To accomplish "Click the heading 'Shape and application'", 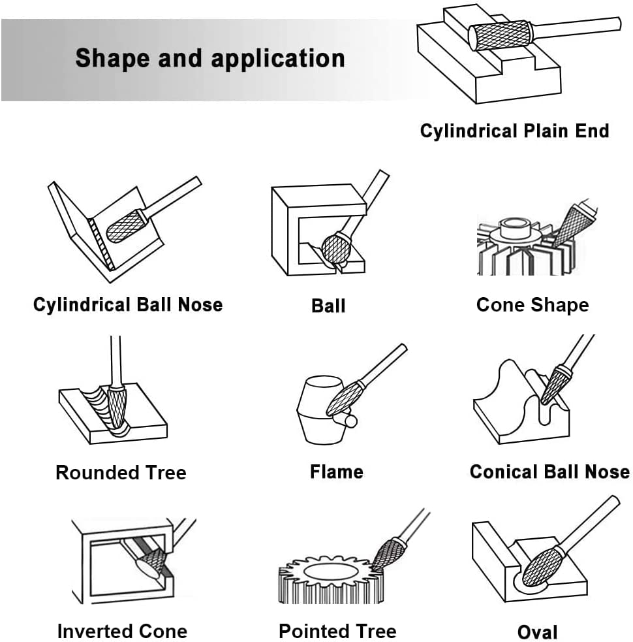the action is (210, 59).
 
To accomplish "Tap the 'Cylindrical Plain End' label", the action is (514, 131).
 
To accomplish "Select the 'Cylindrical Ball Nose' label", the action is (128, 305).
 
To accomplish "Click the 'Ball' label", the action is (328, 306).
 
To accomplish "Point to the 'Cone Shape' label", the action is (533, 306).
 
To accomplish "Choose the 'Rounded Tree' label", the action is (121, 472).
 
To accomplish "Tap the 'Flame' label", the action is (336, 472).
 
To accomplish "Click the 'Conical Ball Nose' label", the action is (549, 472).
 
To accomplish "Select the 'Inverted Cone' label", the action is (122, 631).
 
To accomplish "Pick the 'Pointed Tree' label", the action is (337, 631).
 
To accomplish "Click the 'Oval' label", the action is (537, 632).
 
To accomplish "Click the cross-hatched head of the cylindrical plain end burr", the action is (500, 36).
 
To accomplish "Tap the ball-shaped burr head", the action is (336, 249).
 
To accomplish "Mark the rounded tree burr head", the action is (117, 407).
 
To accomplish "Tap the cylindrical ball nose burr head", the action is (125, 227).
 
